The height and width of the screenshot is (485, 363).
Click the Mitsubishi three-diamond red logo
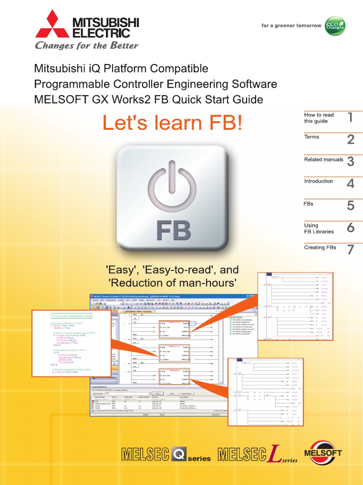(x=52, y=26)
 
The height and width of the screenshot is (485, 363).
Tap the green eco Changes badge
(x=335, y=26)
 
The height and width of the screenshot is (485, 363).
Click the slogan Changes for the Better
(x=87, y=46)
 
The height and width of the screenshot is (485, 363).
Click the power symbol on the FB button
(x=172, y=187)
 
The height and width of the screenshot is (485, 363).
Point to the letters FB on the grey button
(x=173, y=231)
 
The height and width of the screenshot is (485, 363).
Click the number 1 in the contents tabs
(x=350, y=117)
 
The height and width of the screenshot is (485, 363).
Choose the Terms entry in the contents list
(x=311, y=137)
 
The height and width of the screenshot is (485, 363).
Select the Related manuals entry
(x=323, y=160)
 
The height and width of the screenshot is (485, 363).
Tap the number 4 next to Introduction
(x=350, y=183)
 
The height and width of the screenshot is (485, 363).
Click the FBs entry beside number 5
(x=309, y=204)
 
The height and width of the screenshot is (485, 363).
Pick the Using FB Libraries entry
(x=319, y=228)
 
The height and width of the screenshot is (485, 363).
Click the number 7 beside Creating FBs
(x=350, y=250)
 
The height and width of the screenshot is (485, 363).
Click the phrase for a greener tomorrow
(x=291, y=26)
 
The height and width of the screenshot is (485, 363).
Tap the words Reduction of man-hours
(x=173, y=283)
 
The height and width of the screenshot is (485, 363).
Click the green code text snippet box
(x=71, y=343)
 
